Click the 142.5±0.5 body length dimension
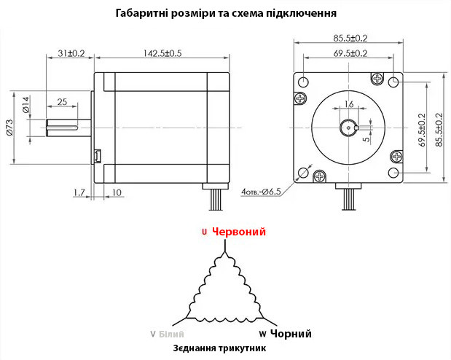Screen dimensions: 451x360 click(162, 53)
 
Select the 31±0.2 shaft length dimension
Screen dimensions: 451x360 click(71, 53)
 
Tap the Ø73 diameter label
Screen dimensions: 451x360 click(9, 128)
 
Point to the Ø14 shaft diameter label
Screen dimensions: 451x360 click(26, 104)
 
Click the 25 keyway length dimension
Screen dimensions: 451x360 click(62, 102)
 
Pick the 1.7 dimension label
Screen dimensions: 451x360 click(79, 192)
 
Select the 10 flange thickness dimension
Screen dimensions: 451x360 click(117, 192)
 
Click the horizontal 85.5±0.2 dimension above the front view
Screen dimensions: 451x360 click(350, 38)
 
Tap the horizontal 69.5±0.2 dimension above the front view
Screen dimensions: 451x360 click(350, 53)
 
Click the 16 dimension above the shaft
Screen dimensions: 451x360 click(349, 104)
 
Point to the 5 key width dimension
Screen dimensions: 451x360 click(366, 139)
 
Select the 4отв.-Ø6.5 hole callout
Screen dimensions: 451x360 click(261, 192)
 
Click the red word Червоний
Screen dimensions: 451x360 click(239, 232)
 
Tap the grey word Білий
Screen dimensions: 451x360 click(171, 334)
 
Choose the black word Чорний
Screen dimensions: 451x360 click(291, 334)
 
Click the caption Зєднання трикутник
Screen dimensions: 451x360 click(219, 348)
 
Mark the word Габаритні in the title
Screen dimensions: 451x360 click(141, 13)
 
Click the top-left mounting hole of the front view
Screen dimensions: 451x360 click(303, 82)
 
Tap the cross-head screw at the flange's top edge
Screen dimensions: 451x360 click(377, 78)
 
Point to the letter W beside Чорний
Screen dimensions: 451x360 click(262, 334)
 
